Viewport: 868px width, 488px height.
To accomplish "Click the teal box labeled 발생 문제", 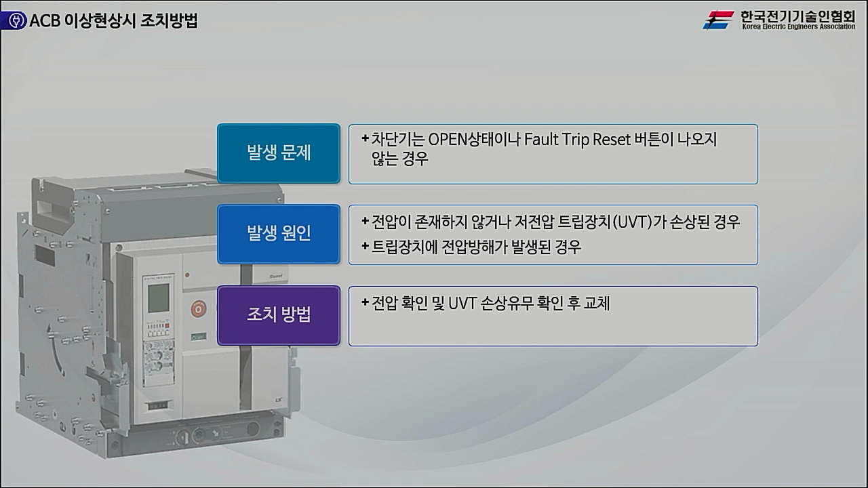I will [278, 153].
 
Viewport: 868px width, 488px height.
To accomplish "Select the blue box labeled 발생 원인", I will [278, 234].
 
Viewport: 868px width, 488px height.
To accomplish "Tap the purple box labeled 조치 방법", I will [278, 315].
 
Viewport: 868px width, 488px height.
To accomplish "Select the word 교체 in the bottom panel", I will [597, 303].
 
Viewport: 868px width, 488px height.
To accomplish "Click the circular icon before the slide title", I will [14, 21].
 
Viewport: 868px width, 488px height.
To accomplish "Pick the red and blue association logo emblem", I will [719, 20].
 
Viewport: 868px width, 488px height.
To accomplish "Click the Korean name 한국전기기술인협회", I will [798, 16].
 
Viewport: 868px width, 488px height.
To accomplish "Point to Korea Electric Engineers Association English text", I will [798, 27].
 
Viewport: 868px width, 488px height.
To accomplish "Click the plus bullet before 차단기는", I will [366, 139].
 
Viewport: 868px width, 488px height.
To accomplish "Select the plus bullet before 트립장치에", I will [366, 246].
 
